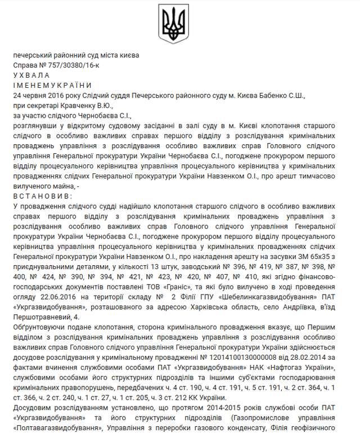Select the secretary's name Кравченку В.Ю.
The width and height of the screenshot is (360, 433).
coord(91,105)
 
